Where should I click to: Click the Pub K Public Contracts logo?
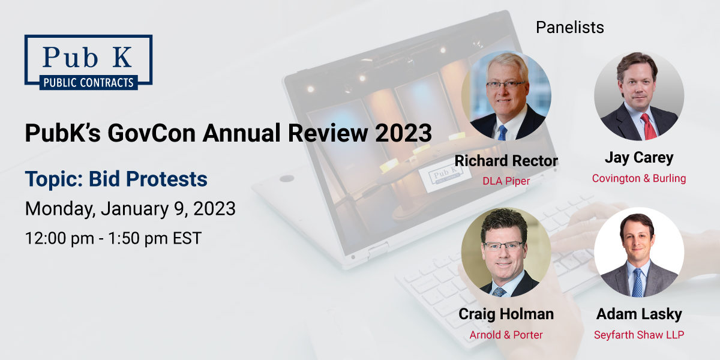(88, 62)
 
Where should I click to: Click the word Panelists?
(569, 27)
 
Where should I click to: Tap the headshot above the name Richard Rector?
(506, 95)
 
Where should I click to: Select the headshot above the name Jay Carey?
(639, 96)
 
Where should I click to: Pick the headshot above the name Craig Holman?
(506, 253)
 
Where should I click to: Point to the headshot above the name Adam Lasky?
(639, 253)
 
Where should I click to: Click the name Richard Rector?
(506, 161)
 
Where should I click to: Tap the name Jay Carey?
(639, 158)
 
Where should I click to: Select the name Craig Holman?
(506, 314)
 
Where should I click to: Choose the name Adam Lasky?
(639, 314)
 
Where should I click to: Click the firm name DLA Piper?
(506, 181)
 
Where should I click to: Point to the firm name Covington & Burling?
(639, 178)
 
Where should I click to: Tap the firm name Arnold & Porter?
(506, 335)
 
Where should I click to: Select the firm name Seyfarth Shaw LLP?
(639, 335)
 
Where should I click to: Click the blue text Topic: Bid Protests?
(116, 179)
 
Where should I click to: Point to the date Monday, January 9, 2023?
(130, 209)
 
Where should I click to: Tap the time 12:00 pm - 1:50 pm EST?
(113, 238)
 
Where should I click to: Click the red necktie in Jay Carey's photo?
(648, 125)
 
